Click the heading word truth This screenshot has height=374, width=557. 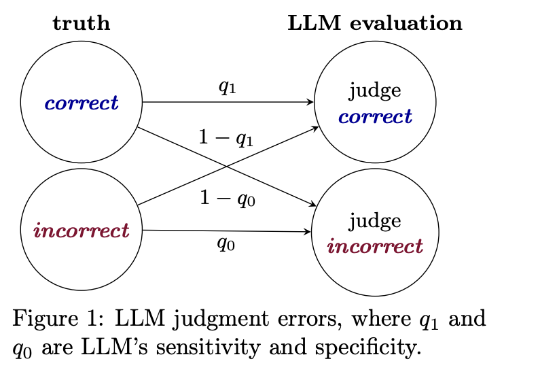[82, 23]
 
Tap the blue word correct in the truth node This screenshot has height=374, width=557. [82, 103]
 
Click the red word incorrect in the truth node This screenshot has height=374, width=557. [82, 231]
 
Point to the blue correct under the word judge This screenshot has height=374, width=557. [375, 117]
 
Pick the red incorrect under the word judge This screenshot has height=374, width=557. [375, 246]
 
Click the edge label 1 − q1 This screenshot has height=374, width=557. [226, 139]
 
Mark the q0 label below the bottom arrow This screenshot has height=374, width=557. [226, 243]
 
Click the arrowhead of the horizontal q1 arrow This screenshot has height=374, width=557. [310, 103]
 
